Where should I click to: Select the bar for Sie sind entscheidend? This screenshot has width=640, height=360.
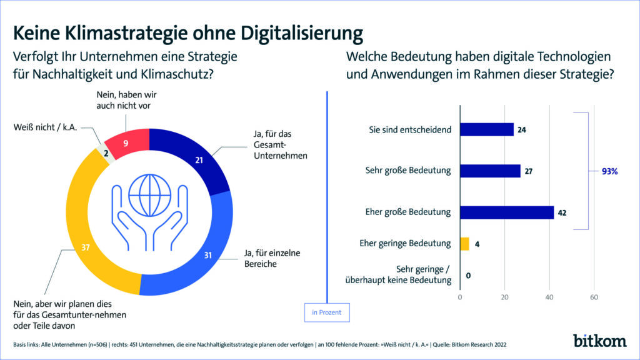[x=486, y=129]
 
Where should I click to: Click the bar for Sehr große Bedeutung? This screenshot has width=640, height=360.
[x=490, y=171]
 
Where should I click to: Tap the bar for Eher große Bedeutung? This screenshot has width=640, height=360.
[x=506, y=212]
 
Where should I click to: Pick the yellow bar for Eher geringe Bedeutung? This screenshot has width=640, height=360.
[x=464, y=244]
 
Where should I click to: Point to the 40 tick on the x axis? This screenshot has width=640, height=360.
[x=549, y=296]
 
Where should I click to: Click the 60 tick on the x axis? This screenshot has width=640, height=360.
[x=594, y=296]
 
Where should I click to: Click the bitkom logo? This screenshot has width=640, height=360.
[x=601, y=340]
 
